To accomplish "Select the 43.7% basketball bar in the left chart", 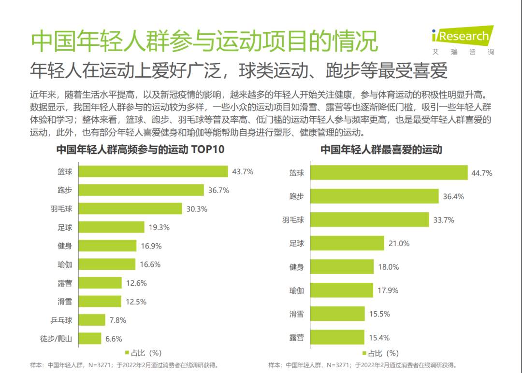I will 153,172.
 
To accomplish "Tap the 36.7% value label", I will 218,190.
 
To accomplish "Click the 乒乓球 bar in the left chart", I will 92,320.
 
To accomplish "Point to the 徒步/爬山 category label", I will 56,339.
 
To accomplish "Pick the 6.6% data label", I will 114,339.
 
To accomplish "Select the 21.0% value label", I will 399,244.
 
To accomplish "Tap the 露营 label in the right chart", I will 296,337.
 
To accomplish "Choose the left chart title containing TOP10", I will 140,150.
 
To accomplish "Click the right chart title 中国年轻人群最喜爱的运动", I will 381,150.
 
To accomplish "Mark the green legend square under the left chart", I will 128,352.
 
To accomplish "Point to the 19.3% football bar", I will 111,227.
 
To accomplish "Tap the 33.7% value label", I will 444,220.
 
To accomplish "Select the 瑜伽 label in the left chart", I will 65,264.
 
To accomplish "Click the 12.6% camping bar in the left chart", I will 100,283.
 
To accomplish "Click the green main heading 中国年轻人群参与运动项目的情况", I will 203,41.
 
